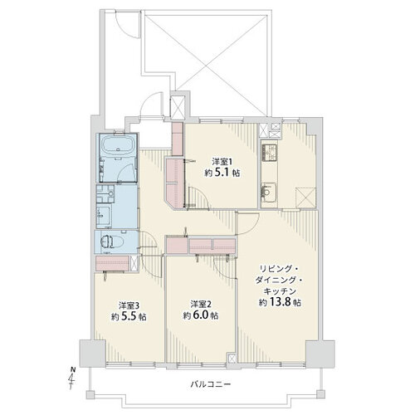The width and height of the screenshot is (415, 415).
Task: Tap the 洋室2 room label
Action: point(201,304)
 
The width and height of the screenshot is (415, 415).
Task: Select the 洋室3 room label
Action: point(129,305)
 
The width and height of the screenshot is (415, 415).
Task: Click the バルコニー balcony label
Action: point(211,384)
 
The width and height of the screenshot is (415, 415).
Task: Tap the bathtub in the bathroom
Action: point(118,147)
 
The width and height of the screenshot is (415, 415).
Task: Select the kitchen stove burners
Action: point(269,154)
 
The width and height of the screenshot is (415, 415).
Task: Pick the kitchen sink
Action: point(268,193)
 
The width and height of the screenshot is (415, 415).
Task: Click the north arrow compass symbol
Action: point(72,377)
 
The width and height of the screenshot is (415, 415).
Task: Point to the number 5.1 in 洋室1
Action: point(222,173)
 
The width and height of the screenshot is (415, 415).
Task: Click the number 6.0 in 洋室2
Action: point(200,315)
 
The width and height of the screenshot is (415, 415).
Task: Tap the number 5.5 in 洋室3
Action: point(128,317)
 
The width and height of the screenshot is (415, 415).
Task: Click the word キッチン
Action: point(280,291)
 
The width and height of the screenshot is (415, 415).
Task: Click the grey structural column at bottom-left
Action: point(92,354)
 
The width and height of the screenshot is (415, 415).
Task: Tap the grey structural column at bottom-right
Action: point(320,354)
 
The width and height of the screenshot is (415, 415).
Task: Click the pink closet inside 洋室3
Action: point(112,263)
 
